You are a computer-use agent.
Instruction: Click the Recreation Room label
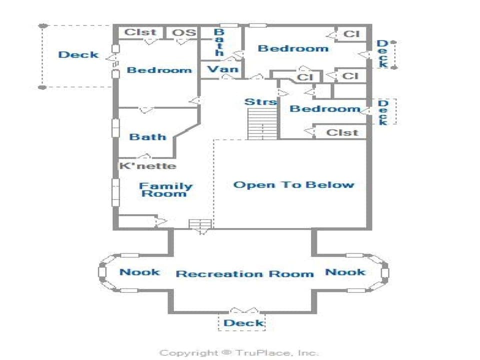pos(244,274)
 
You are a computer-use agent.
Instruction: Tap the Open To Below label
pos(293,185)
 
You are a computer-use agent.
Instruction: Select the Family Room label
pos(165,189)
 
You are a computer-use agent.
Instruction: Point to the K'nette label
pos(147,166)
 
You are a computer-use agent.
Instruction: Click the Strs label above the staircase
pos(260,102)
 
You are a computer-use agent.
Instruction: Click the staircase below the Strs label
pos(262,124)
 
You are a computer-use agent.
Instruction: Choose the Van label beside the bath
pos(222,69)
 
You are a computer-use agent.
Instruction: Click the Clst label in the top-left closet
pos(140,32)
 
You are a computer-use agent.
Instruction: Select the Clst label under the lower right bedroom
pos(342,132)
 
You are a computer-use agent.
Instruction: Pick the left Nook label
pos(139,272)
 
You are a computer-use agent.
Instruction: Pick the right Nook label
pos(345,272)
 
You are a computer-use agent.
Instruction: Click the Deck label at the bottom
pos(243,323)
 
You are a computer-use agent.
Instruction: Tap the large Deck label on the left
pos(78,54)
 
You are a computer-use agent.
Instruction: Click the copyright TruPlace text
pos(238,353)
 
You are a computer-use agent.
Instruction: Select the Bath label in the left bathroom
pos(147,136)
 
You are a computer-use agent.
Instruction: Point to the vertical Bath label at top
pos(219,42)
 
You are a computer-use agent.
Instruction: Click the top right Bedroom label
pos(293,48)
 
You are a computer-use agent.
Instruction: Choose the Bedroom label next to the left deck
pos(159,70)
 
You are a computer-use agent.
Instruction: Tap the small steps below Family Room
pos(200,224)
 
